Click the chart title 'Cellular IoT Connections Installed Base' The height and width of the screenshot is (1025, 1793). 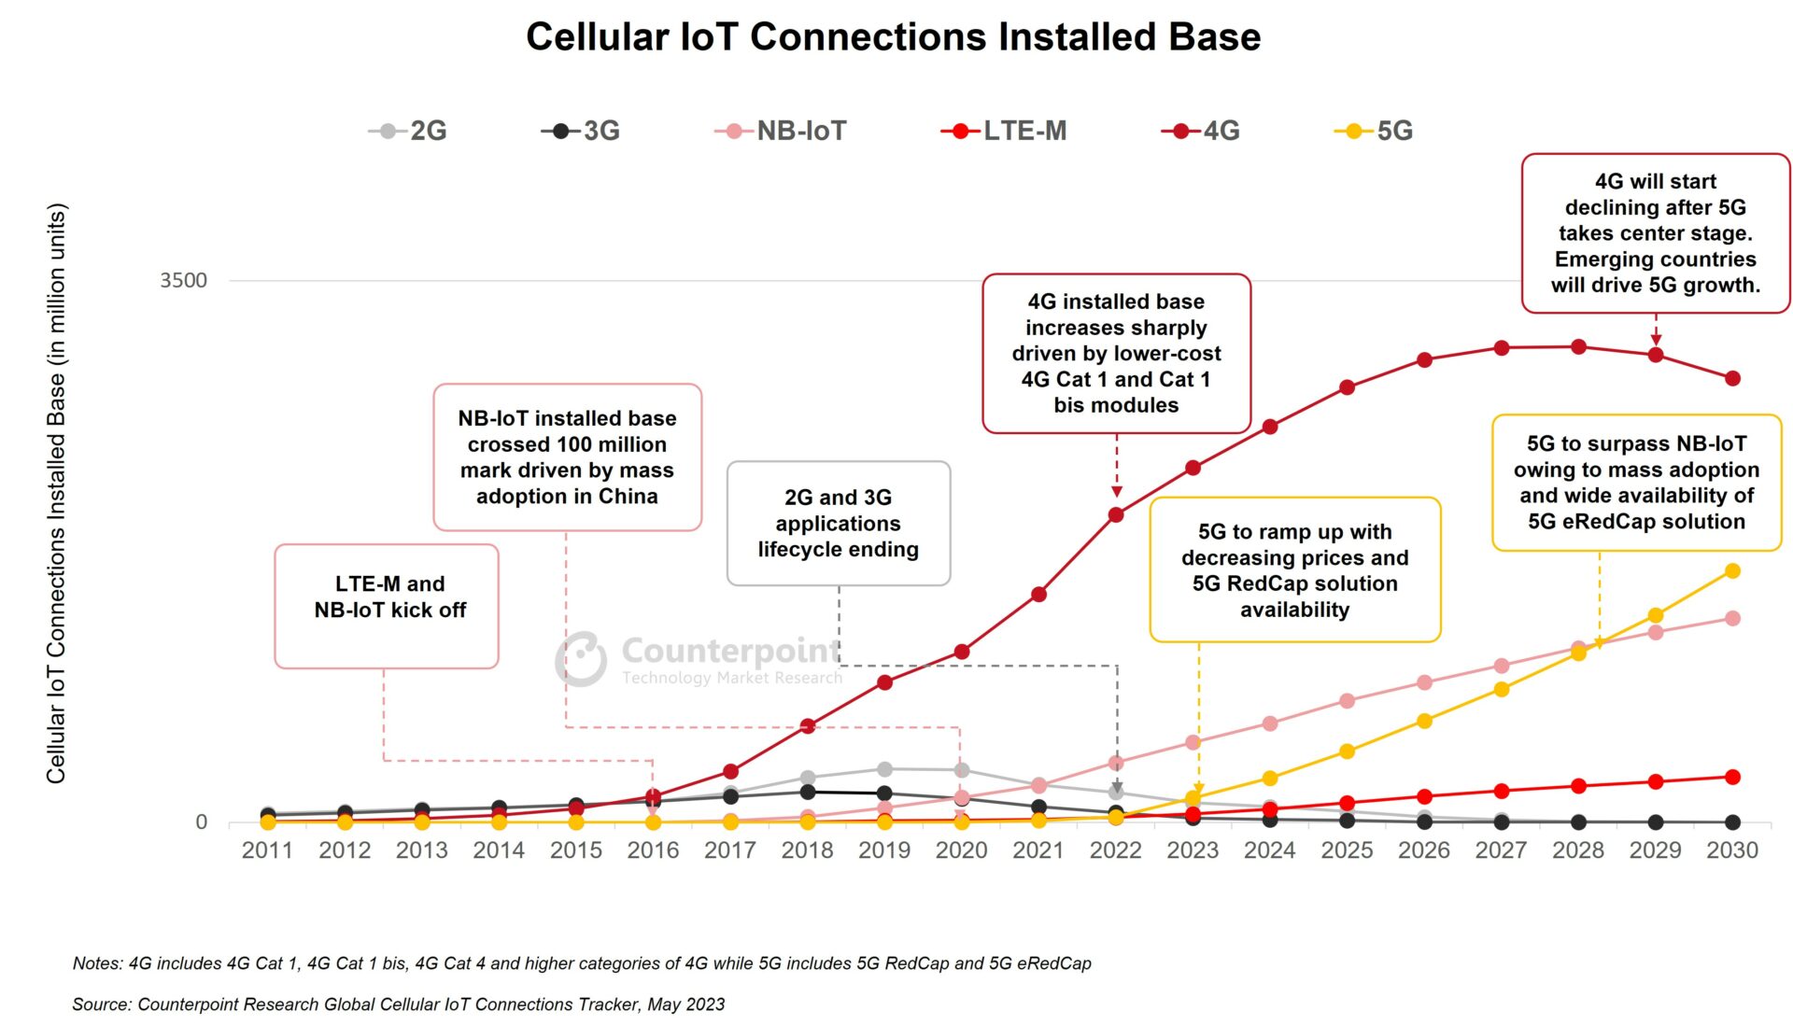click(893, 37)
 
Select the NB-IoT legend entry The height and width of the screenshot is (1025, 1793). click(781, 131)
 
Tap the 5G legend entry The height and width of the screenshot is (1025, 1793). click(1374, 131)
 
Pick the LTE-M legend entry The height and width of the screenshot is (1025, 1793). click(1004, 131)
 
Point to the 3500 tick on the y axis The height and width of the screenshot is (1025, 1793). click(183, 280)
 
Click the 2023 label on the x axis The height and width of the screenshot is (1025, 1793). click(1193, 850)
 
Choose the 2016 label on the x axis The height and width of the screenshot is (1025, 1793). click(653, 850)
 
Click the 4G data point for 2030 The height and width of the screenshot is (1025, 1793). click(1732, 378)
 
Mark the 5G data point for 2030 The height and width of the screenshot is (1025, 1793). click(1732, 570)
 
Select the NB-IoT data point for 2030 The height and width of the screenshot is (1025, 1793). click(1732, 618)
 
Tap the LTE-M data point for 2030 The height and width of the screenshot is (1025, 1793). click(1732, 777)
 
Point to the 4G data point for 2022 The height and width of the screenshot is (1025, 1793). click(1116, 514)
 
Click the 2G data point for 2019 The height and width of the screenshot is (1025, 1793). click(884, 769)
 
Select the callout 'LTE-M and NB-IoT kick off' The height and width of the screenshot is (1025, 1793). click(387, 605)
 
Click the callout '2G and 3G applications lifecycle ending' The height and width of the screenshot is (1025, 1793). click(838, 523)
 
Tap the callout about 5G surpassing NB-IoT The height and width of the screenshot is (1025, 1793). click(1636, 482)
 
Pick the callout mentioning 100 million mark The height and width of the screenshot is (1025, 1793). click(567, 456)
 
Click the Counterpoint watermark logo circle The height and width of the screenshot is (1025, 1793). click(581, 658)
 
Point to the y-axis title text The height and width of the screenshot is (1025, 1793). click(56, 493)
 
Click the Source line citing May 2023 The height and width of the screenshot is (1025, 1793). click(398, 1004)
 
